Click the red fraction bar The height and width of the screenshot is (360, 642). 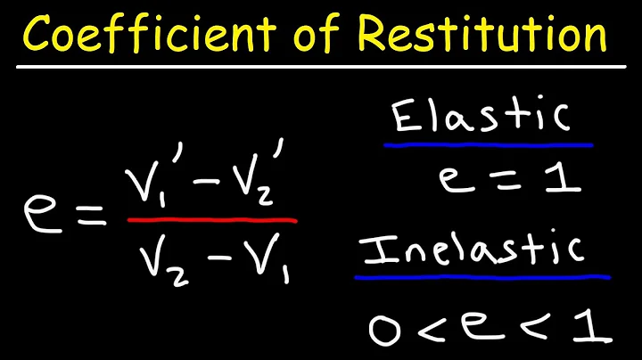[211, 220]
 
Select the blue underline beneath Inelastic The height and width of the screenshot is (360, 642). [481, 275]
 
